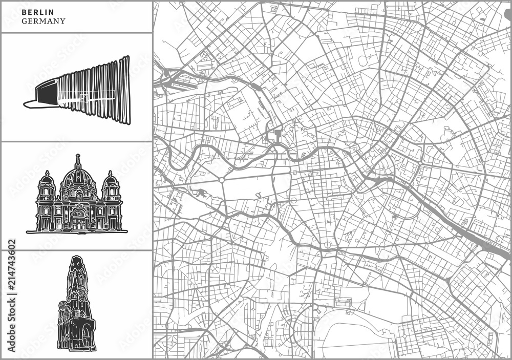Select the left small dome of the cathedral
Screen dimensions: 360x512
click(x=47, y=179)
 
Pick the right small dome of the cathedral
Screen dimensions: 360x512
click(x=110, y=179)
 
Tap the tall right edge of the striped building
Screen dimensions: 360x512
click(x=125, y=90)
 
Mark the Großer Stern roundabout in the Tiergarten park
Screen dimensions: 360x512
click(x=221, y=180)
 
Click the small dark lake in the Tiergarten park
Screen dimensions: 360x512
click(x=201, y=193)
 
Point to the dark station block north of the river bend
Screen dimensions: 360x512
click(x=278, y=136)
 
